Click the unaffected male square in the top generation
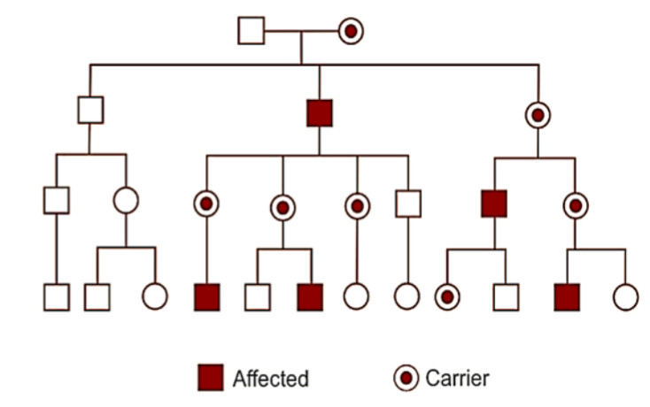tap(251, 31)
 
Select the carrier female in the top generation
tap(351, 31)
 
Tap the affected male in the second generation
tap(320, 113)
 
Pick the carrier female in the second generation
tap(538, 114)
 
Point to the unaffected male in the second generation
tap(90, 110)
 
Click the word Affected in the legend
tap(271, 379)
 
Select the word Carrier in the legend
tap(457, 378)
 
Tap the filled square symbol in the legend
tap(211, 378)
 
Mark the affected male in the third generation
tap(494, 203)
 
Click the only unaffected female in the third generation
tap(126, 200)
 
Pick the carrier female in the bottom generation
tap(447, 297)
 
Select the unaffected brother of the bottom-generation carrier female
tap(505, 297)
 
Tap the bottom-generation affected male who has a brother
tap(310, 297)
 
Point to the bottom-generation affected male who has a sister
tap(567, 297)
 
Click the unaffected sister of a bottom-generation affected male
tap(625, 297)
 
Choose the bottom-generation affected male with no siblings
tap(206, 297)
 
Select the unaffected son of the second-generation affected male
tap(407, 203)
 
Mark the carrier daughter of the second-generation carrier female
tap(576, 205)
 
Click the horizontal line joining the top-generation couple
tap(301, 31)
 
